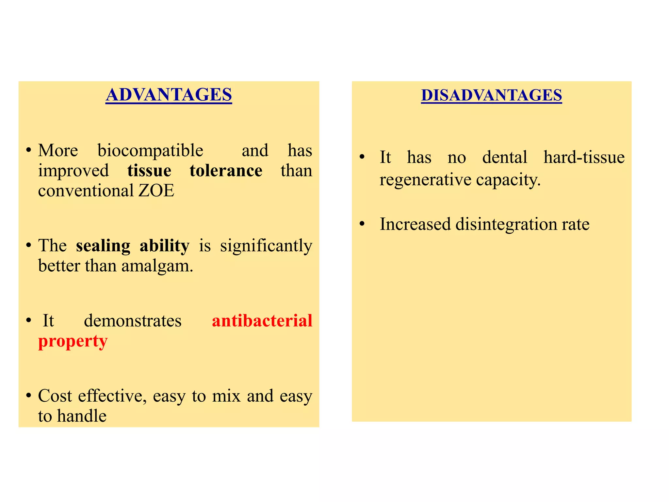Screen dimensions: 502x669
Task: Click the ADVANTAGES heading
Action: tap(169, 95)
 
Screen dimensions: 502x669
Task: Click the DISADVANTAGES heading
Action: tap(491, 95)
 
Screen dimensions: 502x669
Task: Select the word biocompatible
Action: tap(150, 151)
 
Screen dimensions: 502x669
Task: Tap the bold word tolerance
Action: tap(226, 171)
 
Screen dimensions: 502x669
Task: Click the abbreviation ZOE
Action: tap(156, 191)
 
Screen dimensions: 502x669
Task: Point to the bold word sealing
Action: tap(103, 246)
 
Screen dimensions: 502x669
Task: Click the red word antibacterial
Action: tap(262, 321)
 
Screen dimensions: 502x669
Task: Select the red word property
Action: tap(73, 342)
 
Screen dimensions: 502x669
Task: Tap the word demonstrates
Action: tap(133, 321)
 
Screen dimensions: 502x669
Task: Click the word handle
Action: tap(82, 416)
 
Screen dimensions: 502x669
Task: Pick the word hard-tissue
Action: tap(584, 157)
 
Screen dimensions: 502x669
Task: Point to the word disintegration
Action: tap(506, 225)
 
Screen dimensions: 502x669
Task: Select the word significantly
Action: tap(266, 246)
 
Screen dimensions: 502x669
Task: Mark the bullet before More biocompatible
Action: tap(29, 150)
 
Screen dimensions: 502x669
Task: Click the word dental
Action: tap(505, 157)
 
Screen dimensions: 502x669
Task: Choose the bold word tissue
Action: tap(149, 171)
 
